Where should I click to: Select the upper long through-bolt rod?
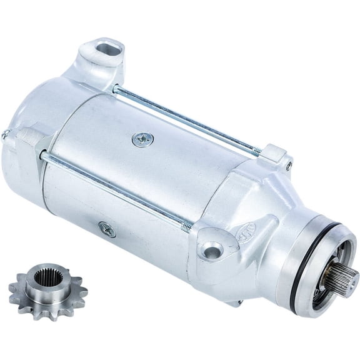point(187,119)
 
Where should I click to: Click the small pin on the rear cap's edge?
point(5,134)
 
